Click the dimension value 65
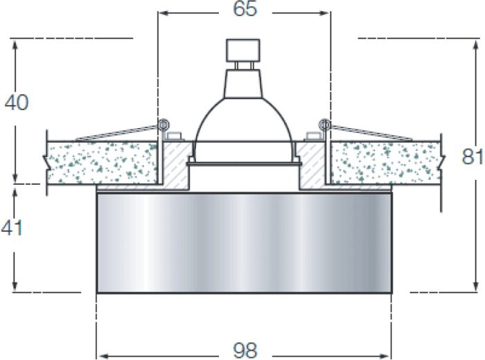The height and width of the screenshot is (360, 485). [x=245, y=8]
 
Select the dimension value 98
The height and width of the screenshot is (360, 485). [x=245, y=350]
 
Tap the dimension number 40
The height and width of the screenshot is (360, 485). [x=17, y=102]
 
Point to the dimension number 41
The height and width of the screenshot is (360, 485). [x=12, y=228]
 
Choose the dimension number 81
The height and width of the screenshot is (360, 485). [x=473, y=156]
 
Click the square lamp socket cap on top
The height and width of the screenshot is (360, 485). [x=243, y=50]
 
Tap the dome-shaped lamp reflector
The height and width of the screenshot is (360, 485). [x=243, y=120]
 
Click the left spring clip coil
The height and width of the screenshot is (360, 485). [x=163, y=125]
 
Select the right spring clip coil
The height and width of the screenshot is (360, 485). [x=324, y=125]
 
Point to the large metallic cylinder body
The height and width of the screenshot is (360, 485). [x=245, y=242]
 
